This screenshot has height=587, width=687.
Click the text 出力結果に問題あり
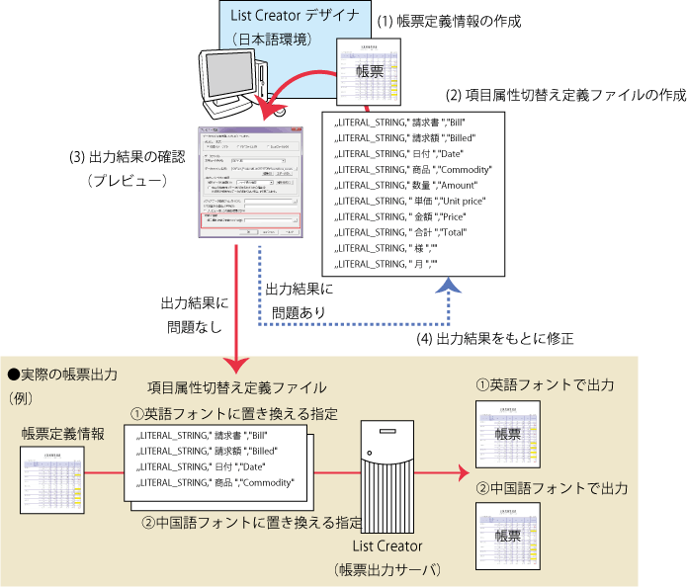(x=299, y=298)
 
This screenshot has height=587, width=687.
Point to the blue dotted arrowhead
(x=451, y=285)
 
